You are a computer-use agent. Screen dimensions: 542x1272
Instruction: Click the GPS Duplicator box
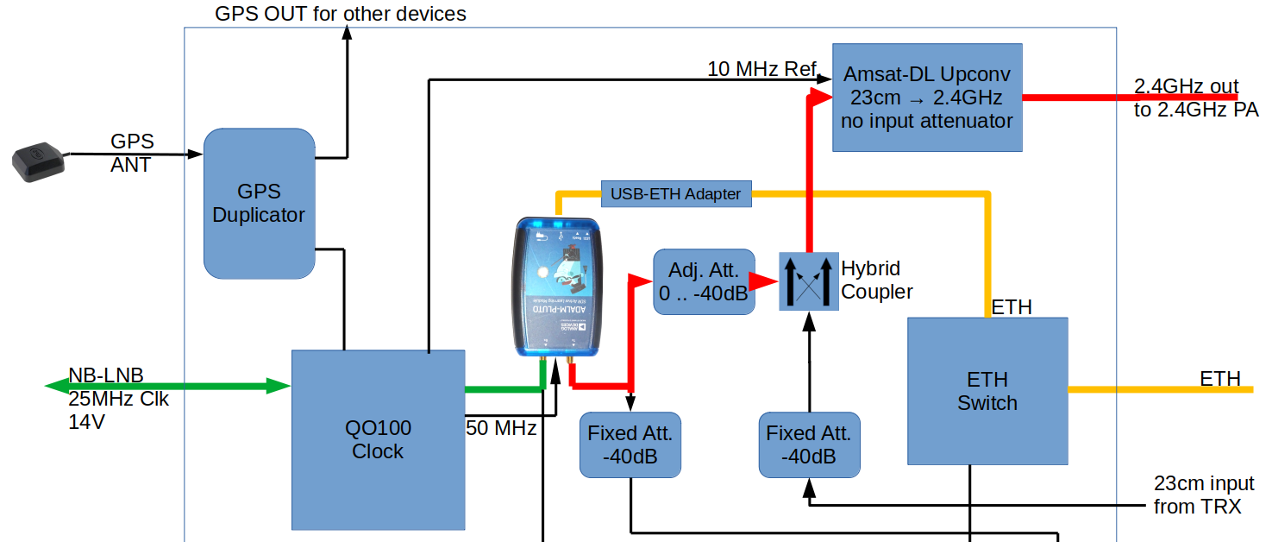tap(259, 204)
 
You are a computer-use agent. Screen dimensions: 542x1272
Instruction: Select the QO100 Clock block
tap(378, 439)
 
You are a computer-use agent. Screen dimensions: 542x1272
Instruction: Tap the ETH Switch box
tap(987, 391)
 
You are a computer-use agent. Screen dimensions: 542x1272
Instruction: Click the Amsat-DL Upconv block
tap(927, 98)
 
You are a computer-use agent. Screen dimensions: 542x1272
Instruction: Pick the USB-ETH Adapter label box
tap(675, 193)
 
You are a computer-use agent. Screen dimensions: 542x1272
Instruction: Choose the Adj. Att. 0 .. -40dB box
tap(704, 281)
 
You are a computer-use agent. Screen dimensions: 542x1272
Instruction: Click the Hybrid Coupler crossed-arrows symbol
tap(808, 280)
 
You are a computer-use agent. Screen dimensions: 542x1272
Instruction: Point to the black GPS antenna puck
tap(38, 163)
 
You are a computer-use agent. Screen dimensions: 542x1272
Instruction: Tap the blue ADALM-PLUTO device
tap(558, 287)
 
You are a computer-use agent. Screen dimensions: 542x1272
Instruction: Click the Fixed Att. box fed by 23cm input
tap(809, 444)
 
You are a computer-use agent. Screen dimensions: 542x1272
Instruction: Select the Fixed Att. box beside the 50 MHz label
tap(630, 444)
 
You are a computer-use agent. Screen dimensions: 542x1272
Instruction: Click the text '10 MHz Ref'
tap(761, 68)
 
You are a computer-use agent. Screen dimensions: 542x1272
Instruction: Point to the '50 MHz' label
tap(501, 427)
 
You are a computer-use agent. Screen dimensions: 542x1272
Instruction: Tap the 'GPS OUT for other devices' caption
tap(341, 14)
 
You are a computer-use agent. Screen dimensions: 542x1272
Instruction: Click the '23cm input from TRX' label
tap(1203, 495)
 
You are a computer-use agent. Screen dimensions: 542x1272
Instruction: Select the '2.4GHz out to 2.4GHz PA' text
tap(1196, 98)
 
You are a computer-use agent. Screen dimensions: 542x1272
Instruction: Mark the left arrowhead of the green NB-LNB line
tap(53, 385)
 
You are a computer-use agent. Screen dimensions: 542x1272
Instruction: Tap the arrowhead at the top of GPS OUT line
tap(348, 32)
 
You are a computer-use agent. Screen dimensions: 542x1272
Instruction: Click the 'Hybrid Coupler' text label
tap(876, 280)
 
